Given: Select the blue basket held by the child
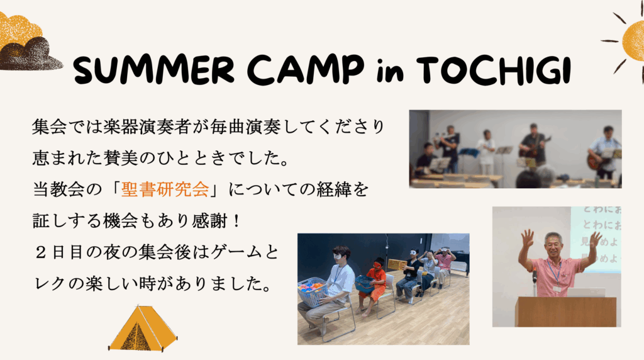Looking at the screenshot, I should coord(364,284).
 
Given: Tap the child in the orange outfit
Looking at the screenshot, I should coord(376,283).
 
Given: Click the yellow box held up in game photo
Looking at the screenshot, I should coord(396,264).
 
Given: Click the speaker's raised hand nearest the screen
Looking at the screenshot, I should coord(595,240).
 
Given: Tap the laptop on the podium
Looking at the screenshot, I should coord(586,293).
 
